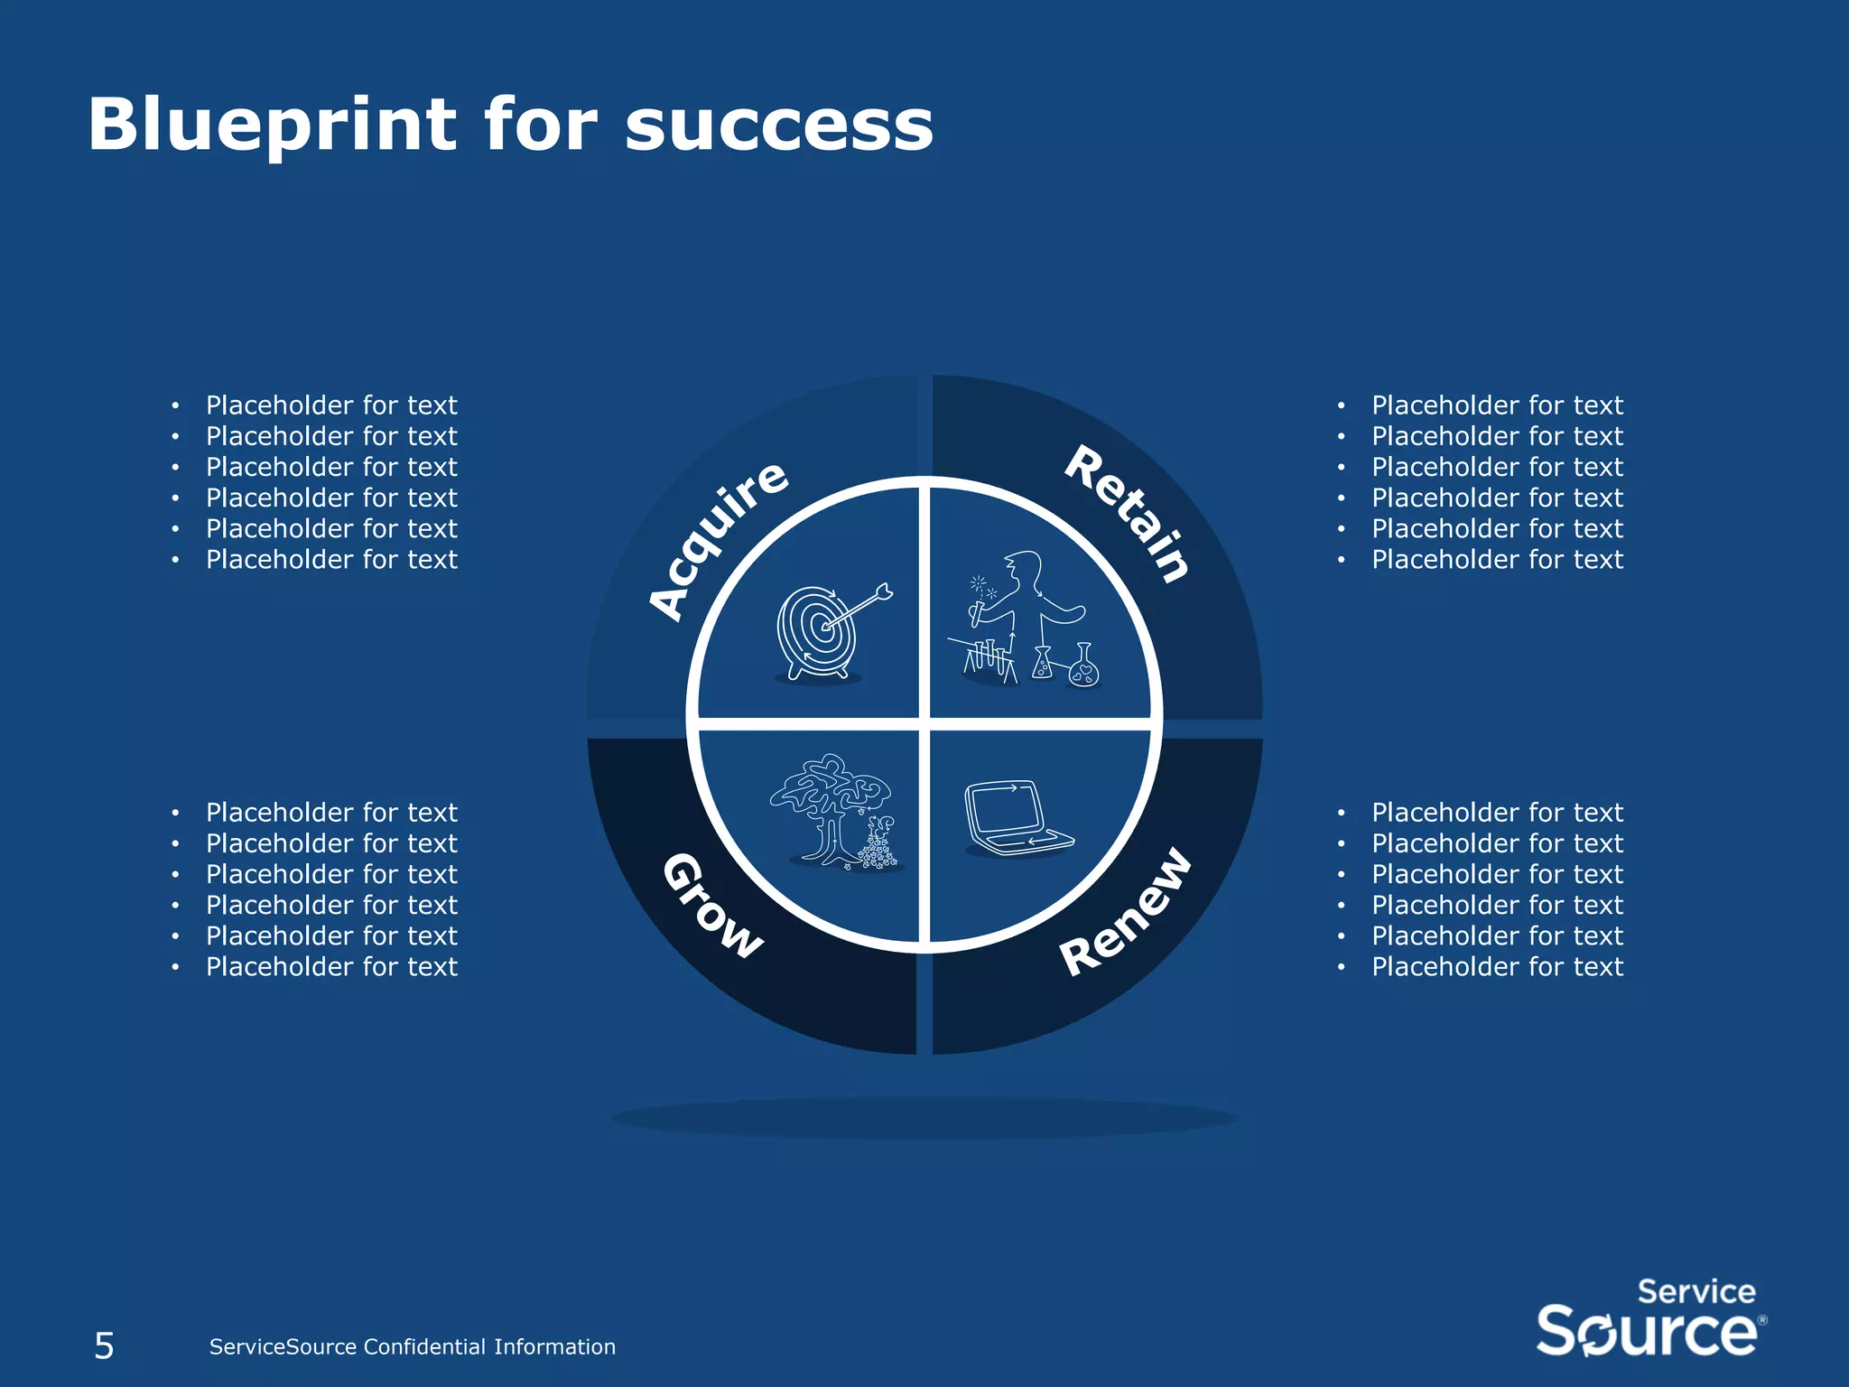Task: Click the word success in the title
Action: (779, 126)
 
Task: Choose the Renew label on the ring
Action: (1125, 912)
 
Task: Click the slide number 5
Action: (105, 1345)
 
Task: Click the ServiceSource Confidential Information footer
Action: (412, 1346)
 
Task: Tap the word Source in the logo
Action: (1647, 1331)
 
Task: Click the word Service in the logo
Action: (1696, 1291)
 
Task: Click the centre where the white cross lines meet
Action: (924, 724)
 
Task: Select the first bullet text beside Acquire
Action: (331, 405)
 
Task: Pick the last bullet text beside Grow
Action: (331, 967)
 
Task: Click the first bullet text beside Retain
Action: (1497, 405)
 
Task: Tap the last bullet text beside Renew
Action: (1497, 967)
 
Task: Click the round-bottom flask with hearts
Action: (1083, 670)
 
